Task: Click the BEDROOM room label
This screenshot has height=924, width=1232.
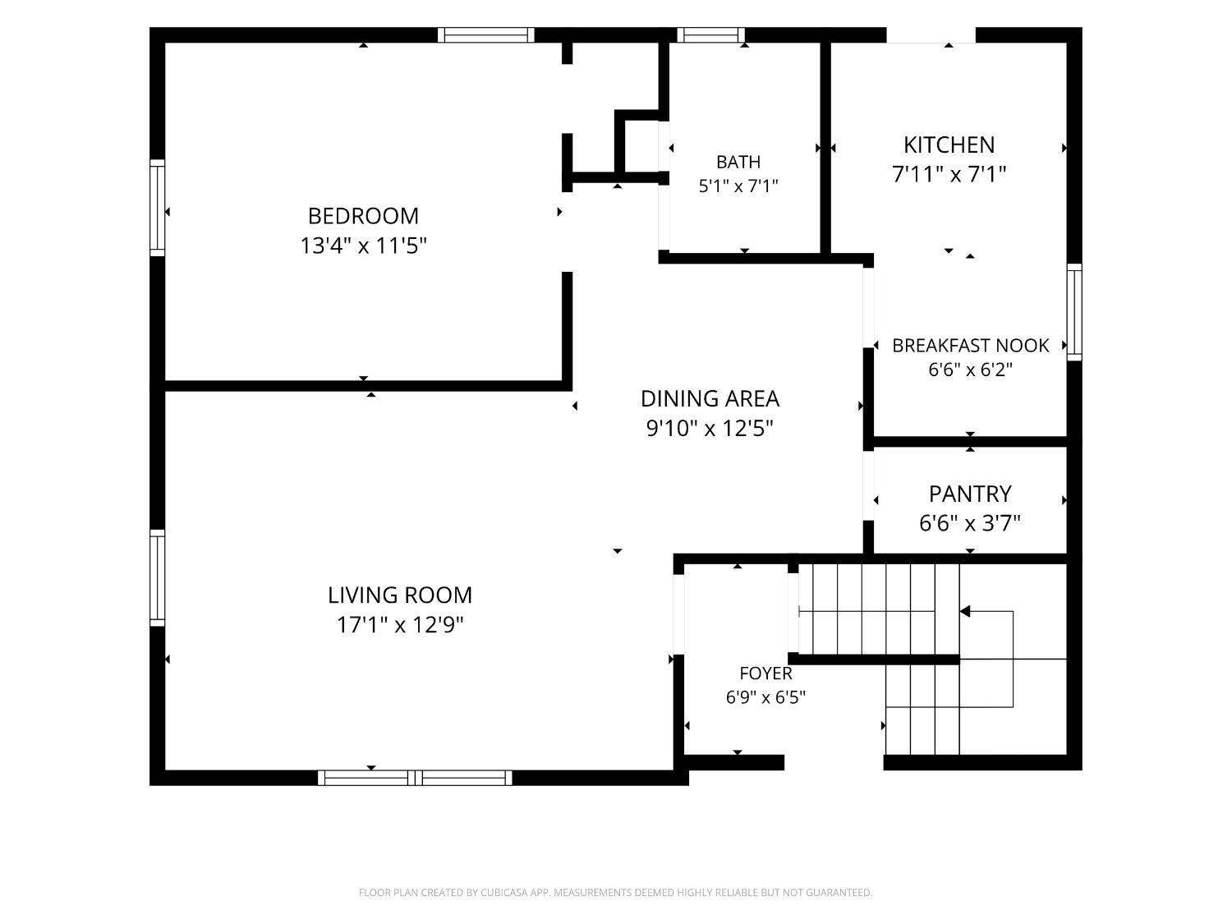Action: [x=363, y=216]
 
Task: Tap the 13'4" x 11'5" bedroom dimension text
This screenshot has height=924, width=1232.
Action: [x=363, y=246]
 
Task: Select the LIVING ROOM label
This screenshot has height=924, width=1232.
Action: [x=400, y=595]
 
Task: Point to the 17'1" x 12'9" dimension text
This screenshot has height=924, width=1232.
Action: [x=400, y=624]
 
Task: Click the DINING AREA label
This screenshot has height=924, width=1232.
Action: [x=710, y=399]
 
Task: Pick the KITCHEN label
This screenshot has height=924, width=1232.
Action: [x=949, y=145]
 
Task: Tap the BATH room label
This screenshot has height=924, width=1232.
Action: [x=738, y=162]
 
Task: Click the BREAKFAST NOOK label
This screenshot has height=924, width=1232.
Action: [x=970, y=346]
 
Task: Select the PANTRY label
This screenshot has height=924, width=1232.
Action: [x=969, y=494]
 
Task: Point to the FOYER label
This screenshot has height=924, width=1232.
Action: [x=765, y=673]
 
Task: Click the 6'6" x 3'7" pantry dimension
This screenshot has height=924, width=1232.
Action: [x=969, y=523]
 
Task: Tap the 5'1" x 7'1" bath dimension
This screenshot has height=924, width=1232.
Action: [x=738, y=186]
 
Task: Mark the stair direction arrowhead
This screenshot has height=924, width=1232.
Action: [x=965, y=611]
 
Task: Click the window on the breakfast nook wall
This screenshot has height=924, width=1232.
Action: [x=1073, y=312]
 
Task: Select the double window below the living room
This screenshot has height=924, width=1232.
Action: [x=415, y=778]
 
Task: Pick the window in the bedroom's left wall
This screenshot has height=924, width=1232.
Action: [x=157, y=208]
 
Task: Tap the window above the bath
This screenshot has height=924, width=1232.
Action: [x=710, y=34]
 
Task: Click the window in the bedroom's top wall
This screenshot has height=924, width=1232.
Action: [x=486, y=34]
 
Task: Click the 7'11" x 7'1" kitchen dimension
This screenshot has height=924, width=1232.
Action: [x=949, y=174]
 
